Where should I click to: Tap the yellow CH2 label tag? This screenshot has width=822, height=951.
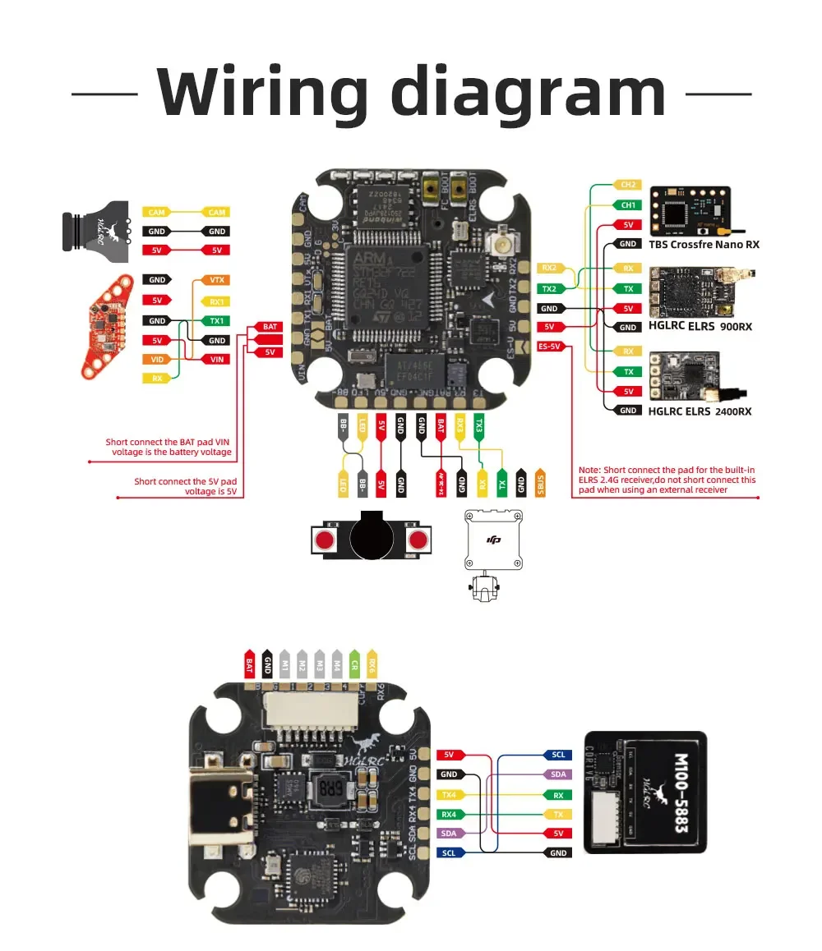pyautogui.click(x=628, y=185)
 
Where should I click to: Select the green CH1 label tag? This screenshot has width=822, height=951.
pyautogui.click(x=628, y=204)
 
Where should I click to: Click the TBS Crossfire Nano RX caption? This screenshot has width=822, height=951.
pyautogui.click(x=704, y=244)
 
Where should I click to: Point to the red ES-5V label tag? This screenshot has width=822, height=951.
pyautogui.click(x=550, y=347)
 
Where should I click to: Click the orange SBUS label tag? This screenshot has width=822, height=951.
pyautogui.click(x=540, y=482)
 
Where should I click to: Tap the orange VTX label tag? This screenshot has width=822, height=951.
pyautogui.click(x=216, y=280)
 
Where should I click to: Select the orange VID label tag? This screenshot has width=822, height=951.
pyautogui.click(x=156, y=359)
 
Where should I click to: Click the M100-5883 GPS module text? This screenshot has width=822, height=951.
pyautogui.click(x=681, y=792)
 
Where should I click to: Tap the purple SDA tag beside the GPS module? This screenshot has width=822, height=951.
pyautogui.click(x=558, y=774)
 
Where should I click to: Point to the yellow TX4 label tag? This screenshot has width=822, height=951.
pyautogui.click(x=450, y=794)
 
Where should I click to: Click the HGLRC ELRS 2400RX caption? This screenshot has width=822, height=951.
pyautogui.click(x=699, y=411)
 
